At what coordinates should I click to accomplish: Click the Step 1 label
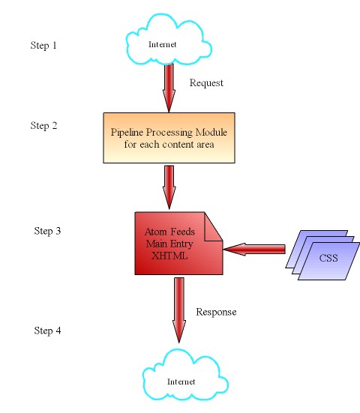click(x=43, y=45)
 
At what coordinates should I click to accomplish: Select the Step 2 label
click(x=43, y=126)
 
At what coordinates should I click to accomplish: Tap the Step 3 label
click(x=47, y=231)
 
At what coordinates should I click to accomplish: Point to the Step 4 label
click(x=47, y=331)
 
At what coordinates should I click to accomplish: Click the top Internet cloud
click(x=169, y=40)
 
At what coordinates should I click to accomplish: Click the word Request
click(x=206, y=83)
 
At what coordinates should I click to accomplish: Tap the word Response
click(x=216, y=312)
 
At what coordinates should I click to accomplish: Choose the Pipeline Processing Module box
click(x=169, y=138)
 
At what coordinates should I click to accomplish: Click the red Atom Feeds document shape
click(x=178, y=244)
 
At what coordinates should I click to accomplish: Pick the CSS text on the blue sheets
click(x=328, y=258)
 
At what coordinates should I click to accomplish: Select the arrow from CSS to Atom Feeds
click(x=254, y=249)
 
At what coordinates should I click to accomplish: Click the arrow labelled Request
click(x=169, y=88)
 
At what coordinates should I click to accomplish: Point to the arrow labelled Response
click(x=179, y=310)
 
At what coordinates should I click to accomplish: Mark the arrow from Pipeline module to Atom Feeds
click(x=169, y=187)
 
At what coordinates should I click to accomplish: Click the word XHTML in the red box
click(x=169, y=256)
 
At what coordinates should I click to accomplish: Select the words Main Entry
click(x=169, y=244)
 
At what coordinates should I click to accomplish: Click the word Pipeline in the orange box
click(x=127, y=132)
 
